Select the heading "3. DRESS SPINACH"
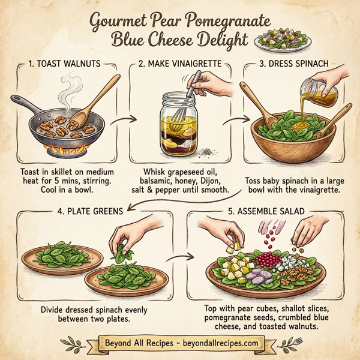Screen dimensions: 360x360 296,64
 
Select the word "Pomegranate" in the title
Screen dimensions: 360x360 222,22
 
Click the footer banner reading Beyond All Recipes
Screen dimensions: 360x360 180,343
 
